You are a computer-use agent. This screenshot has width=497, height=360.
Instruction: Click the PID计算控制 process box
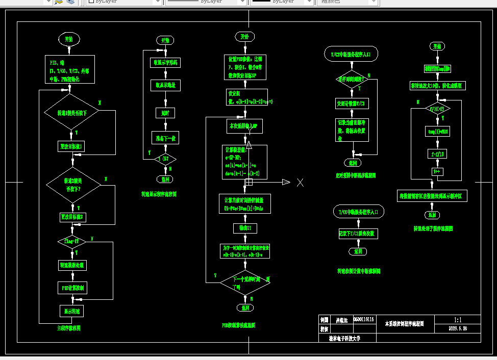pos(72,288)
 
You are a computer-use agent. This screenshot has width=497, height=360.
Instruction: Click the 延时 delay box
pos(165,112)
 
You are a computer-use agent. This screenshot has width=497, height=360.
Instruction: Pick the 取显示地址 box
pos(165,86)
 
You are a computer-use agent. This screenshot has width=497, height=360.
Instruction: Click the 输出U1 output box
pos(245,227)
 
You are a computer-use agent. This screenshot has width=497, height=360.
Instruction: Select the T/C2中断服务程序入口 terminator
pos(351,54)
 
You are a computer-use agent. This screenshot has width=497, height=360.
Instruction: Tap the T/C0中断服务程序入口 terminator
pos(357,211)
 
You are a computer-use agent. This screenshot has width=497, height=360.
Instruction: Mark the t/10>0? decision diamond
pos(438,109)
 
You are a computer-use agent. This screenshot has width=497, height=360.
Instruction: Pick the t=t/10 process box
pos(437,153)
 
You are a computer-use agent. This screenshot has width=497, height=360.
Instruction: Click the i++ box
pos(437,171)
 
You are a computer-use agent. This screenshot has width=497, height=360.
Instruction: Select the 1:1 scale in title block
pos(458,320)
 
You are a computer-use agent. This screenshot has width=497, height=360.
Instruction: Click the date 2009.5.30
pos(458,329)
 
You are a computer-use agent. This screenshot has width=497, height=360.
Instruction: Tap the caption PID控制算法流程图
pos(238,325)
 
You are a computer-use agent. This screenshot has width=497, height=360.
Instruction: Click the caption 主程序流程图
pos(68,328)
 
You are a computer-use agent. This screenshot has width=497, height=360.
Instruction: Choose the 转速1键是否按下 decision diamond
pos(71,112)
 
